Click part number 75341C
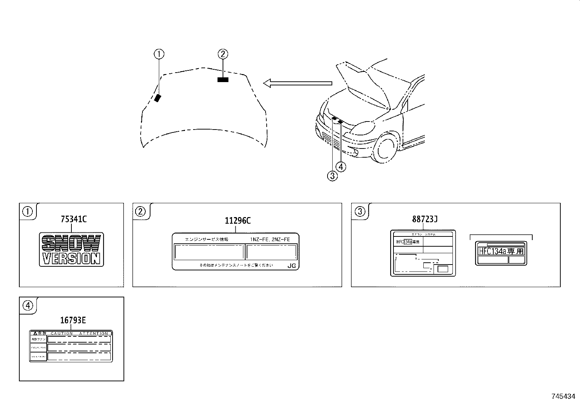(x=74, y=219)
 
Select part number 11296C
(x=237, y=221)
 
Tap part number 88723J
(x=424, y=219)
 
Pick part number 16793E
(x=73, y=320)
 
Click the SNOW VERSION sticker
(x=71, y=249)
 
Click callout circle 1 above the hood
(x=159, y=54)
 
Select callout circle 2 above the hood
(x=223, y=54)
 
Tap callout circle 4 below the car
(x=341, y=167)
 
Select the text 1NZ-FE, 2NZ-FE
(x=270, y=239)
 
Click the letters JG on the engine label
(x=291, y=266)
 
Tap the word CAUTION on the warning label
(x=62, y=333)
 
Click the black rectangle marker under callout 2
(x=223, y=80)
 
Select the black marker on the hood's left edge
(x=157, y=98)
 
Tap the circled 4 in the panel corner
(x=28, y=305)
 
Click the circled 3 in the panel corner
(x=360, y=211)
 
